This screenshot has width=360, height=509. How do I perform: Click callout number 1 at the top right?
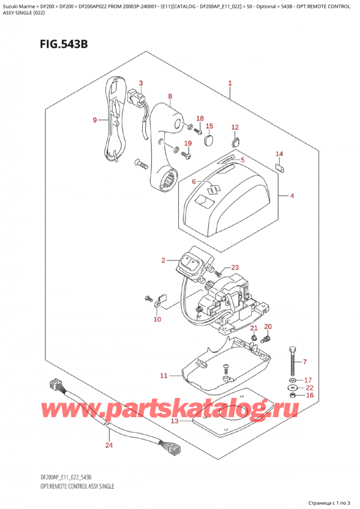(230, 83)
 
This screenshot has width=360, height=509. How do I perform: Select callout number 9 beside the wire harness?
(95, 120)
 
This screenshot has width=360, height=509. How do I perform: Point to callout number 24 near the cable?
(109, 445)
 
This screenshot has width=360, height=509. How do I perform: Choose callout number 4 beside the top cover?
(292, 195)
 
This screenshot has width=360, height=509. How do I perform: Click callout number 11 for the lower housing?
(163, 376)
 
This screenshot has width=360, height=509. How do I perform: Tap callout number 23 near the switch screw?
(235, 268)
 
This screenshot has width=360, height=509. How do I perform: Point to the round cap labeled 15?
(209, 140)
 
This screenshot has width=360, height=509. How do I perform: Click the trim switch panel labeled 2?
(194, 264)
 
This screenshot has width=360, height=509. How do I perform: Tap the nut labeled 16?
(292, 394)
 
